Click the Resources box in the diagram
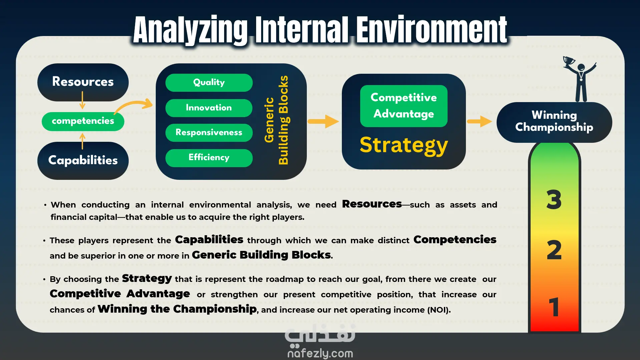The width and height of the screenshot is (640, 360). pyautogui.click(x=83, y=82)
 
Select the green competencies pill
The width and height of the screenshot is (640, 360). pyautogui.click(x=83, y=121)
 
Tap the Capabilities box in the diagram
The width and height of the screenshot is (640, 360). pyautogui.click(x=83, y=161)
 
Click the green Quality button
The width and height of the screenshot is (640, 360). pyautogui.click(x=209, y=83)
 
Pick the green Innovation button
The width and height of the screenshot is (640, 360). pyautogui.click(x=209, y=108)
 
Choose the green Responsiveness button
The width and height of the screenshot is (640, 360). pyautogui.click(x=209, y=133)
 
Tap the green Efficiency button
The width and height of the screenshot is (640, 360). pyautogui.click(x=209, y=158)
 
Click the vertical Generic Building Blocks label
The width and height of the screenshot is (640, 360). pyautogui.click(x=276, y=120)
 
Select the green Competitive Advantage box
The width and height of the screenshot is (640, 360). pyautogui.click(x=404, y=106)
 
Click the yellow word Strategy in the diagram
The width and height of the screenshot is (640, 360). pyautogui.click(x=404, y=145)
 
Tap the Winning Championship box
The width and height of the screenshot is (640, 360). pyautogui.click(x=554, y=122)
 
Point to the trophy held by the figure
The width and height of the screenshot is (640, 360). pyautogui.click(x=569, y=61)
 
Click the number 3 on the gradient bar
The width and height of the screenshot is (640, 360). pyautogui.click(x=554, y=200)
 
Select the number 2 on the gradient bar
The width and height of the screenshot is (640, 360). pyautogui.click(x=554, y=250)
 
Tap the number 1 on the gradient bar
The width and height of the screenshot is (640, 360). pyautogui.click(x=554, y=307)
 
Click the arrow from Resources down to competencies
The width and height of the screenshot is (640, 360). pyautogui.click(x=82, y=100)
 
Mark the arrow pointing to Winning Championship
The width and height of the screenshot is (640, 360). pyautogui.click(x=480, y=121)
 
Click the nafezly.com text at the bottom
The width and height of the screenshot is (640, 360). pyautogui.click(x=320, y=353)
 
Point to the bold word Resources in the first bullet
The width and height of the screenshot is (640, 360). pyautogui.click(x=372, y=204)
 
